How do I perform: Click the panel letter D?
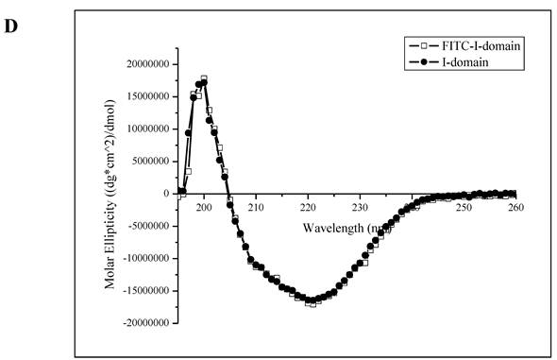11,26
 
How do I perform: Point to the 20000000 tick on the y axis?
145,64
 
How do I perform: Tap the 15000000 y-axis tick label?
145,96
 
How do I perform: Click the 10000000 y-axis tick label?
145,129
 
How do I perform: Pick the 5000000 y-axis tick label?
148,161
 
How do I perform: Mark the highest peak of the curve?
204,79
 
